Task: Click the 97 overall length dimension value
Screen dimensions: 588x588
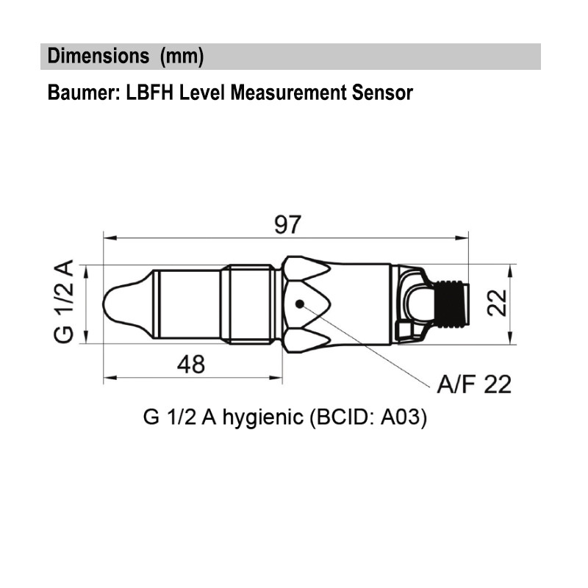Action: pos(287,224)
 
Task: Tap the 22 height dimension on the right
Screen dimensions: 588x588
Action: pos(500,303)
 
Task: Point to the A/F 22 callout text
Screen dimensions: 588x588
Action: pos(474,384)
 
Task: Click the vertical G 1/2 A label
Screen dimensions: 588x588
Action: pos(64,303)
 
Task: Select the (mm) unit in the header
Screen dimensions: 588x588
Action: pos(182,57)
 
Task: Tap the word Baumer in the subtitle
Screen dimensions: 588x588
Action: pos(78,93)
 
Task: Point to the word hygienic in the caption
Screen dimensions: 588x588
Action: pos(263,418)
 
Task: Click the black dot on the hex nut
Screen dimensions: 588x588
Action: pos(299,304)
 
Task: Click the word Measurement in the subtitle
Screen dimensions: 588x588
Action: pos(284,93)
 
